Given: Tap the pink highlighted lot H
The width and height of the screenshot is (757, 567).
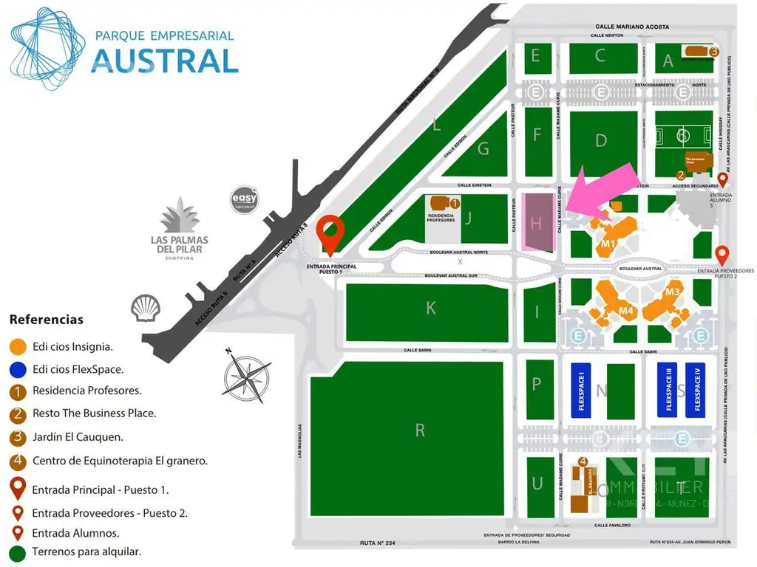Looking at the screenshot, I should tap(537, 221).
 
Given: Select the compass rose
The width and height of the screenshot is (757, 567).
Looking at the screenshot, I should tap(247, 377).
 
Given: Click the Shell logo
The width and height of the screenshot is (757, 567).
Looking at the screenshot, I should tap(144, 308).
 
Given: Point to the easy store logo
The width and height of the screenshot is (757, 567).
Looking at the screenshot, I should tap(245, 199).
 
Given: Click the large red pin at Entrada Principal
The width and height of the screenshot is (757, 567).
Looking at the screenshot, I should tap(330, 235).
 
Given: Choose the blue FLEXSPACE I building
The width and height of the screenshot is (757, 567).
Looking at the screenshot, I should tap(581, 391).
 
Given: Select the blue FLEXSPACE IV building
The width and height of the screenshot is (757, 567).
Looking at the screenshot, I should tap(695, 391).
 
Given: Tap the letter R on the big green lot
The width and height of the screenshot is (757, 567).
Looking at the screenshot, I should tap(420, 430).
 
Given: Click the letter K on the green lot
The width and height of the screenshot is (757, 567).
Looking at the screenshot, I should tap(431, 309).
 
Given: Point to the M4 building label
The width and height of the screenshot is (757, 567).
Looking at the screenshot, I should tap(627, 311).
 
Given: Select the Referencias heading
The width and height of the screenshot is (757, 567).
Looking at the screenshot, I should tap(47, 320).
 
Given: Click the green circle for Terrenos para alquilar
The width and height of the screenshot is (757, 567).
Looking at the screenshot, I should tap(18, 551).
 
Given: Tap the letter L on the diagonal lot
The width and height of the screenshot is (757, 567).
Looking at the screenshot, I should tap(437, 126).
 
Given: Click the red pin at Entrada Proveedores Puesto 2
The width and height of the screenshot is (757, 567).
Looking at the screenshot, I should tap(722, 255).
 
